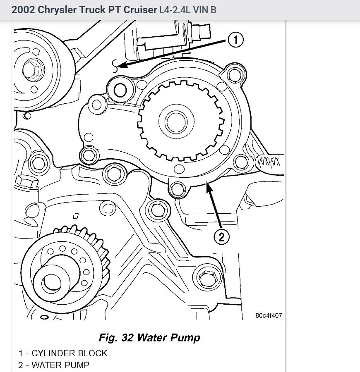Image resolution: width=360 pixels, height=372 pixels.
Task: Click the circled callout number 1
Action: (x=235, y=40)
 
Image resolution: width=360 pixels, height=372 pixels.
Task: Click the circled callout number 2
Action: (x=221, y=236)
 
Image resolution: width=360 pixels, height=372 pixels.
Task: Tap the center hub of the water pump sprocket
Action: (x=179, y=122)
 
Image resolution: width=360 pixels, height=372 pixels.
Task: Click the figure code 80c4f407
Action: (x=269, y=316)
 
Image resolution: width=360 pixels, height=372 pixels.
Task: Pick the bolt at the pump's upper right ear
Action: (x=234, y=75)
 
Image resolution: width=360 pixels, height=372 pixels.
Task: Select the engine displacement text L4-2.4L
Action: (x=174, y=10)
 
